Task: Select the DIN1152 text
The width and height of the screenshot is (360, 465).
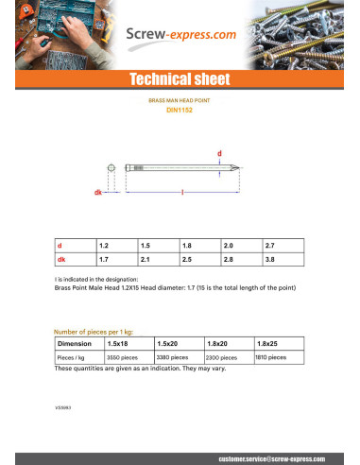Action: point(180,110)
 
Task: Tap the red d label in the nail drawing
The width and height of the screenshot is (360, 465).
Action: point(220,152)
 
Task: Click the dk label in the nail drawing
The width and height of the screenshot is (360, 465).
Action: point(97,192)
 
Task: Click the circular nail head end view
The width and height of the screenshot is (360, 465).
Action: point(111,168)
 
